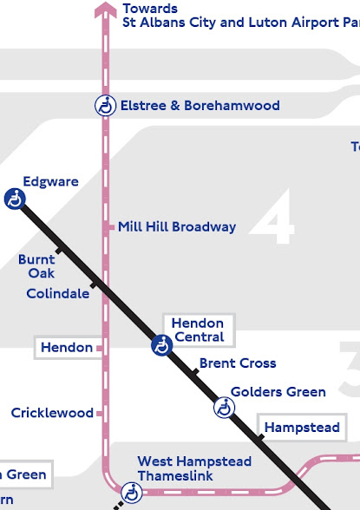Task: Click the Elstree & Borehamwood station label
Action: pyautogui.click(x=200, y=106)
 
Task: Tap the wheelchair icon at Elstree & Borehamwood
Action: pyautogui.click(x=105, y=106)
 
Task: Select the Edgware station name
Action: pyautogui.click(x=50, y=182)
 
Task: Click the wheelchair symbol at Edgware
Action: pyautogui.click(x=15, y=199)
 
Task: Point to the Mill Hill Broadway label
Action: pyautogui.click(x=177, y=227)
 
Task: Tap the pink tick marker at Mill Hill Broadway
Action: pyautogui.click(x=110, y=227)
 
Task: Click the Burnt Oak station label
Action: pyautogui.click(x=36, y=266)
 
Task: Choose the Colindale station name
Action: pyautogui.click(x=57, y=294)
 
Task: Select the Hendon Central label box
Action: pyautogui.click(x=198, y=330)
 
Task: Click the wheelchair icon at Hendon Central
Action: pyautogui.click(x=161, y=345)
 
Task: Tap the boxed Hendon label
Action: pyautogui.click(x=67, y=348)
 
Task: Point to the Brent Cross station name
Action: pyautogui.click(x=238, y=363)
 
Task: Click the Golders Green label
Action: pyautogui.click(x=278, y=392)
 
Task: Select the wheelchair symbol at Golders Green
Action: pyautogui.click(x=224, y=407)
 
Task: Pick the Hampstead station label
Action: pyautogui.click(x=302, y=428)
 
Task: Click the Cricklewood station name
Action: pyautogui.click(x=52, y=413)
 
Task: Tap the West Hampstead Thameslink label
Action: pyautogui.click(x=194, y=469)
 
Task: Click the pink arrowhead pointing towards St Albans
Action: pyautogui.click(x=106, y=10)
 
